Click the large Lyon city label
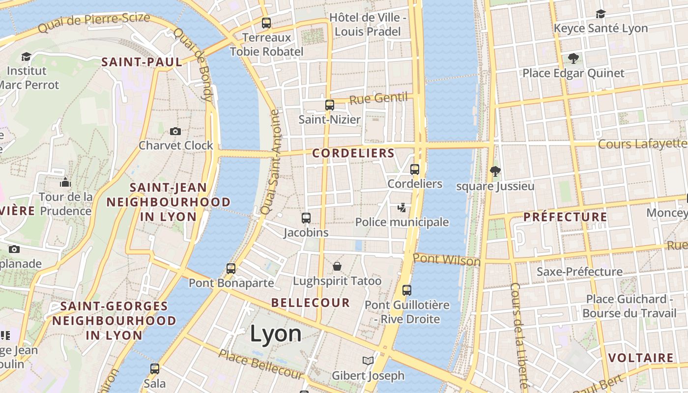click(276, 334)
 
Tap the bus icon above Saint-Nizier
click(329, 105)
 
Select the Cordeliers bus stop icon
click(415, 169)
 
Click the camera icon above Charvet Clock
click(175, 131)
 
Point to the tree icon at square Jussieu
click(495, 171)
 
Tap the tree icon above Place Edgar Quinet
click(573, 58)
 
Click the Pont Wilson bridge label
click(446, 259)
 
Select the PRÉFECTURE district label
click(565, 217)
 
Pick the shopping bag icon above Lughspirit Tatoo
click(337, 266)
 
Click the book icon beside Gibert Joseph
click(368, 361)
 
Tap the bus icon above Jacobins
click(306, 218)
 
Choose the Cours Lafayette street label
click(642, 144)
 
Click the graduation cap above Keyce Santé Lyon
click(601, 14)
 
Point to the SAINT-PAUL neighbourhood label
click(142, 62)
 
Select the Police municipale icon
click(402, 208)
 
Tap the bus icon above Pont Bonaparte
click(231, 268)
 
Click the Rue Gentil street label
click(378, 98)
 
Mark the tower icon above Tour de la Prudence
click(65, 182)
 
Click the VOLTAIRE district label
click(641, 358)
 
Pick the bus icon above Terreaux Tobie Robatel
click(266, 23)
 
